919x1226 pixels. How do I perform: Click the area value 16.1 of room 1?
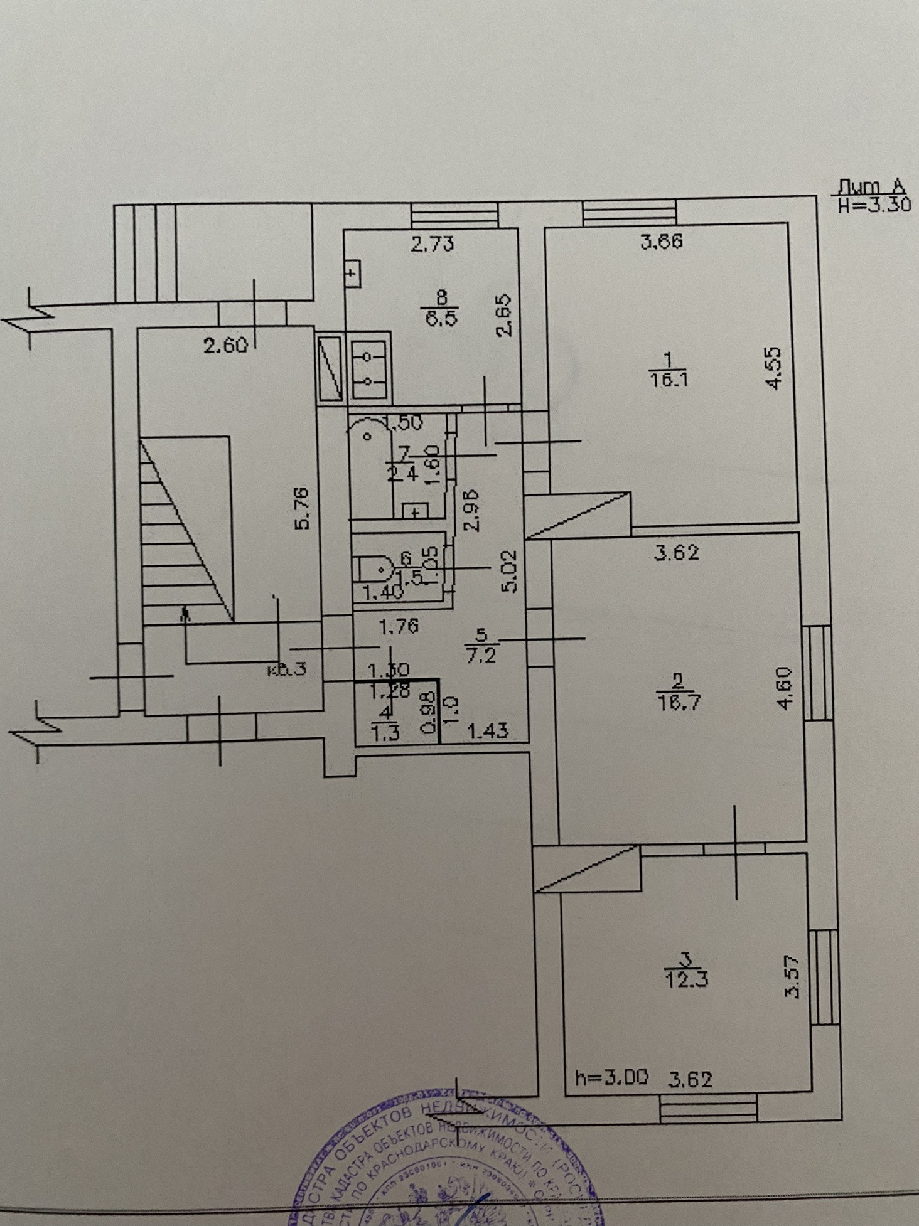[x=666, y=379]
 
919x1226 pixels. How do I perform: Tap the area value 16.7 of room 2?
[x=677, y=701]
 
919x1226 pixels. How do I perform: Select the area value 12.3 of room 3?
[x=685, y=979]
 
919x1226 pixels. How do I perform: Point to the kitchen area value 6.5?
[x=442, y=317]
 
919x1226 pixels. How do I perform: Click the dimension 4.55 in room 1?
[x=774, y=368]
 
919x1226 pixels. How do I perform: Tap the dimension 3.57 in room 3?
[x=793, y=976]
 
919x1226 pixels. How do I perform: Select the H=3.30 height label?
[x=874, y=205]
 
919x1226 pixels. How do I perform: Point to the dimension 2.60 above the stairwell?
[x=226, y=344]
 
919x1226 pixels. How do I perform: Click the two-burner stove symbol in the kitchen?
[x=370, y=368]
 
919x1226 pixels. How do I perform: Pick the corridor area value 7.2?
[x=482, y=656]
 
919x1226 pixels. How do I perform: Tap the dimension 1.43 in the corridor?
[x=488, y=730]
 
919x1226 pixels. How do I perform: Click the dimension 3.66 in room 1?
[x=662, y=242]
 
